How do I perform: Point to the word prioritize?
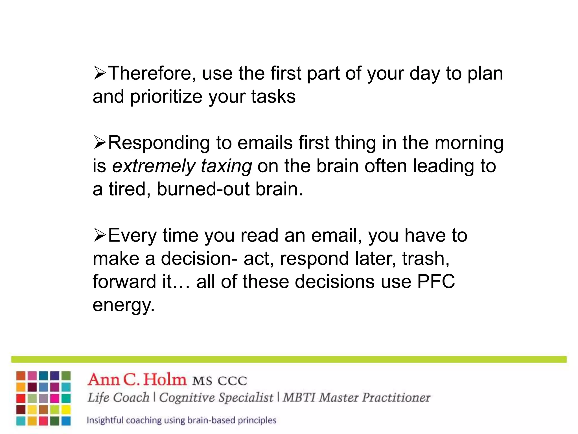[x=166, y=97]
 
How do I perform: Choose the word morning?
[x=469, y=143]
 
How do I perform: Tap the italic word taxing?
[x=226, y=166]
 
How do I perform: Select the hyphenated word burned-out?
[x=203, y=189]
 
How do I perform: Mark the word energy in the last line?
[x=124, y=305]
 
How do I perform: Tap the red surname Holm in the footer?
[x=165, y=380]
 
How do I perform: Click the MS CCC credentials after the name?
[x=220, y=381]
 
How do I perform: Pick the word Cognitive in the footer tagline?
[x=188, y=398]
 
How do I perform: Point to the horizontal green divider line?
[x=289, y=359]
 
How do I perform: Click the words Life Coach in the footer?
[x=118, y=398]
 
